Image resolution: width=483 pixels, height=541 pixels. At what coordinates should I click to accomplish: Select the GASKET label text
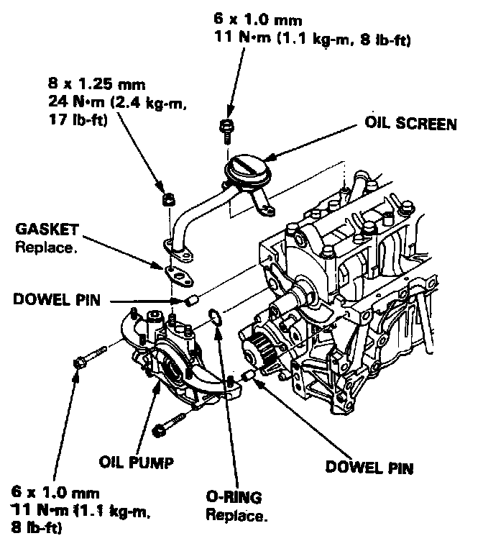44,230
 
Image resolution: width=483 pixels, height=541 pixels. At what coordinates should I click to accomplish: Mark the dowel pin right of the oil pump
248,375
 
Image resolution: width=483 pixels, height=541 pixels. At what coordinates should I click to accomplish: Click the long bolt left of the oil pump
90,357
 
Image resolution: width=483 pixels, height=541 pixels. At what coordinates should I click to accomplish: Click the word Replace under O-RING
236,514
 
